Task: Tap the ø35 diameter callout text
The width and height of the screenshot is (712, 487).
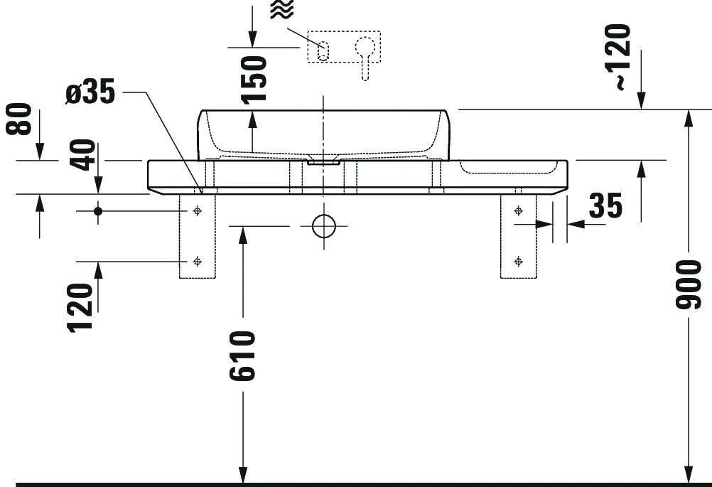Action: tap(90, 94)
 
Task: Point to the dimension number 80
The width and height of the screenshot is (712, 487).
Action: tap(21, 119)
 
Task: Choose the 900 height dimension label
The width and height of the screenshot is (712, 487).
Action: tap(688, 284)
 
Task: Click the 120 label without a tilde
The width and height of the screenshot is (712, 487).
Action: tap(82, 308)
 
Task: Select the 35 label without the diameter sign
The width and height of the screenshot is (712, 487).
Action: tap(605, 205)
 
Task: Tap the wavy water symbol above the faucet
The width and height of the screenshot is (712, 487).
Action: tap(281, 10)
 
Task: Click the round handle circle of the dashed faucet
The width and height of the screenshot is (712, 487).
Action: tap(365, 47)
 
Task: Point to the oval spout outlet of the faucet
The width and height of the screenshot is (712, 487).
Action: tap(323, 50)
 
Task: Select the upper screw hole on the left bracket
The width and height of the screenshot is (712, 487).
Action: tap(197, 211)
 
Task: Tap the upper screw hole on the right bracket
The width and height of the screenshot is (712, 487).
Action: tap(518, 211)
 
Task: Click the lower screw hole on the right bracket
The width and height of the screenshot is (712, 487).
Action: tap(518, 261)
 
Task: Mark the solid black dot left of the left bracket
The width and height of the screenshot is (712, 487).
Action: tap(98, 211)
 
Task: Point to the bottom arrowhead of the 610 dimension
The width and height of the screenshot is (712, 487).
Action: tap(243, 475)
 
